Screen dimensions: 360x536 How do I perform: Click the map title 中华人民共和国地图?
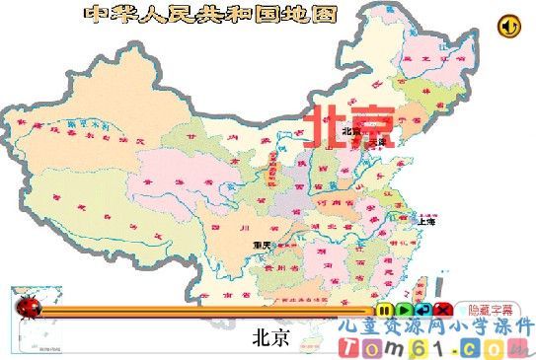pos(210,14)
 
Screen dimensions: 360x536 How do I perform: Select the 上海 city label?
pos(426,222)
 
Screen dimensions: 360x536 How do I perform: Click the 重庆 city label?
pos(262,245)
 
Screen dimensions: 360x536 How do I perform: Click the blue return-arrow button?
pos(420,310)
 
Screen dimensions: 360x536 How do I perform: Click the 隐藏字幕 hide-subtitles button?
pos(491,310)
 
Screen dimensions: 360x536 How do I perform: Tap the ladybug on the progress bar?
pos(30,308)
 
